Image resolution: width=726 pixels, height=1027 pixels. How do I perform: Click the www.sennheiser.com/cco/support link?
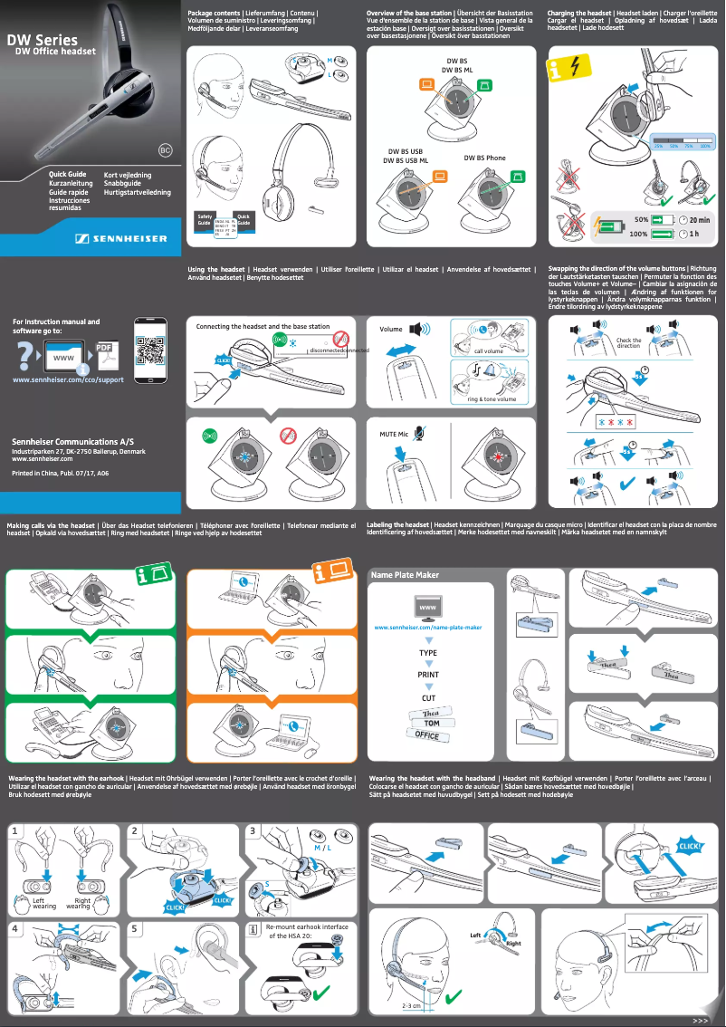pos(68,379)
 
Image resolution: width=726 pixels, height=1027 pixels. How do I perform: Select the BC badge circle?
pos(165,149)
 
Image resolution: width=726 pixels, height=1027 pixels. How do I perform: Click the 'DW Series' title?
pos(43,40)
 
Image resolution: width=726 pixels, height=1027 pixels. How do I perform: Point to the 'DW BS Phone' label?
pos(485,158)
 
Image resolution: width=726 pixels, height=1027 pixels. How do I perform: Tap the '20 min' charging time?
pos(699,220)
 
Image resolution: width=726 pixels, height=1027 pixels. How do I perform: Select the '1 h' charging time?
pos(694,235)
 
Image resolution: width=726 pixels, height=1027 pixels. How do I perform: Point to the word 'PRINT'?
pos(428,675)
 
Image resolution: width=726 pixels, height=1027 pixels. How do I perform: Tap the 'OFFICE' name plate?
pos(427,735)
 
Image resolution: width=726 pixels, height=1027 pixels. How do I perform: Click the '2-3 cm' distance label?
pos(413,1006)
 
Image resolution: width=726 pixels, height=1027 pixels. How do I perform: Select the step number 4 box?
pos(14,928)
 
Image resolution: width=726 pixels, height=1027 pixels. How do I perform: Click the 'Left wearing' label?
pos(44,903)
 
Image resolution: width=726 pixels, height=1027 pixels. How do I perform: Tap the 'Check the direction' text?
pos(628,343)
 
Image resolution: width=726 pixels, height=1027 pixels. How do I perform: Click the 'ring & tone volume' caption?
pos(492,398)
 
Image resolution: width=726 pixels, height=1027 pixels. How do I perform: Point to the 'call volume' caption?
pos(488,350)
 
